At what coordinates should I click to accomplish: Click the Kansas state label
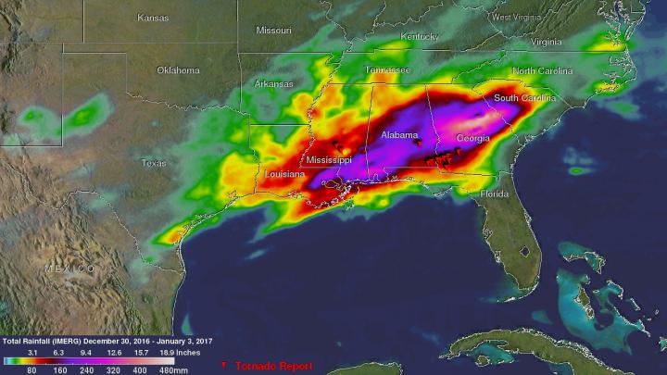(x=153, y=18)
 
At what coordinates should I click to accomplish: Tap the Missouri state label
(x=273, y=30)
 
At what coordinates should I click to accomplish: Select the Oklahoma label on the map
(x=178, y=69)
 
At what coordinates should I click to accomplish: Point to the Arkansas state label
(x=274, y=84)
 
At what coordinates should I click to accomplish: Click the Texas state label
(x=154, y=163)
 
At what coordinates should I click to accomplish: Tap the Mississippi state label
(x=330, y=160)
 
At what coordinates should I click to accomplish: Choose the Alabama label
(x=401, y=135)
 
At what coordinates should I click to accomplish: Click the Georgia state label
(x=473, y=138)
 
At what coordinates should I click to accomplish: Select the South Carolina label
(x=524, y=98)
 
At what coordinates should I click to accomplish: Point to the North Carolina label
(x=549, y=71)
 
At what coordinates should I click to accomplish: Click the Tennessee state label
(x=386, y=70)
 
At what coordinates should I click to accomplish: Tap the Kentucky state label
(x=420, y=37)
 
